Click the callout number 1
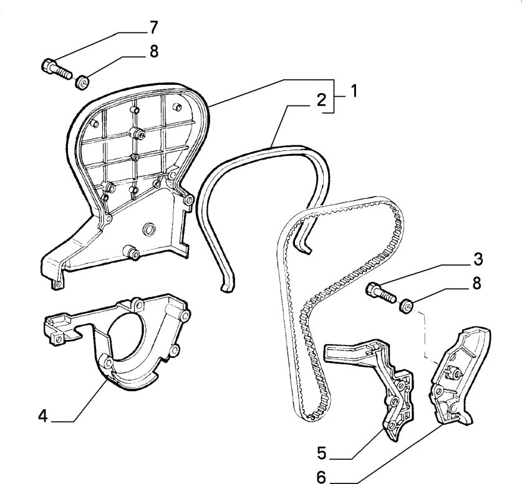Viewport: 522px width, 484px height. point(353,91)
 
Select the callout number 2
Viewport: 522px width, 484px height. point(321,100)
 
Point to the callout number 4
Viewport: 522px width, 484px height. point(42,415)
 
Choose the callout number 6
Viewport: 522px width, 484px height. point(322,477)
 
